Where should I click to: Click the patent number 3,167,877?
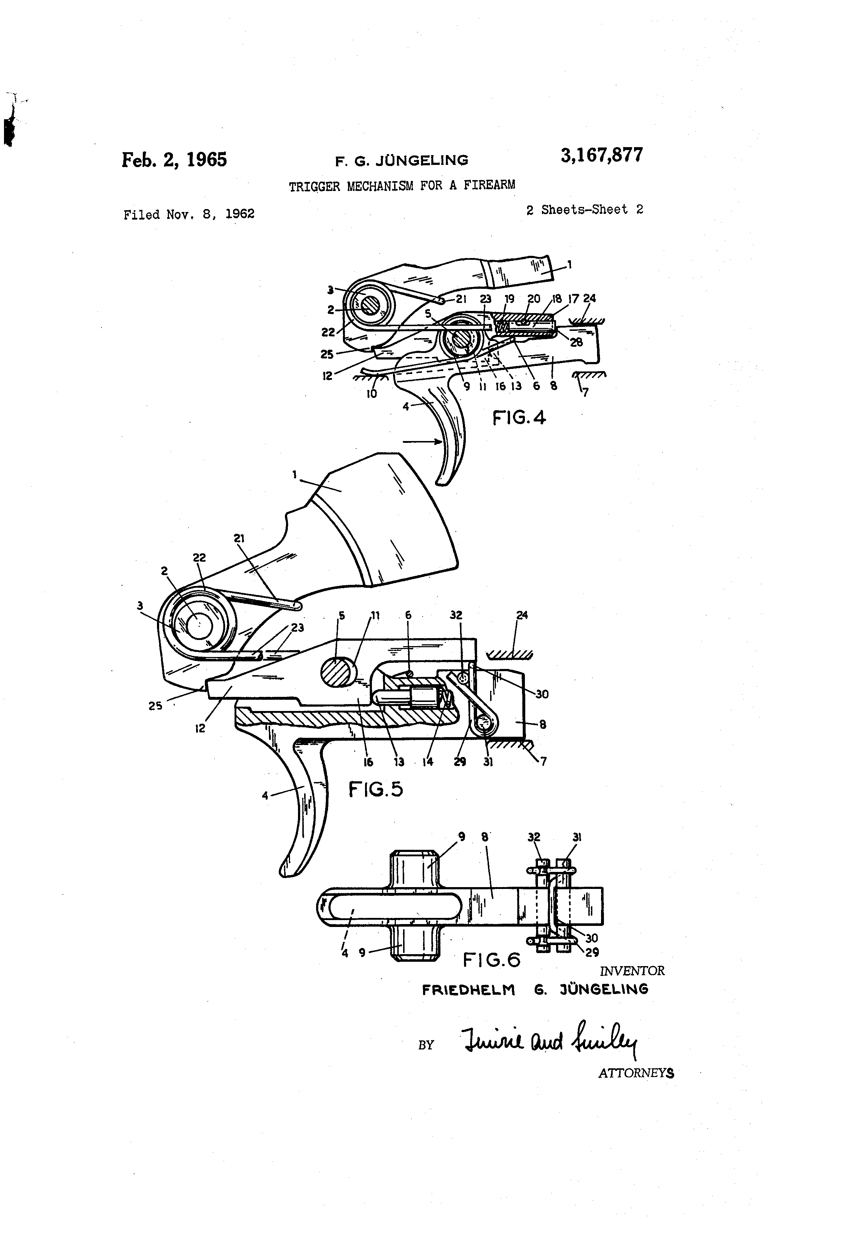pos(601,155)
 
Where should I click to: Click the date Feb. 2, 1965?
pos(174,159)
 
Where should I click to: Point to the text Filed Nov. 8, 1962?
pos(189,214)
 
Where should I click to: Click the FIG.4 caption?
pos(519,418)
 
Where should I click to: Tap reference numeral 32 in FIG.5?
pos(456,615)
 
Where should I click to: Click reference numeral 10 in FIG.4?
pos(372,394)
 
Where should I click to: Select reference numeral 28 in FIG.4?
pos(576,342)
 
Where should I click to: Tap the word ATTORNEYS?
pos(636,1073)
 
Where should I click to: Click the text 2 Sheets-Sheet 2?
pos(585,210)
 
